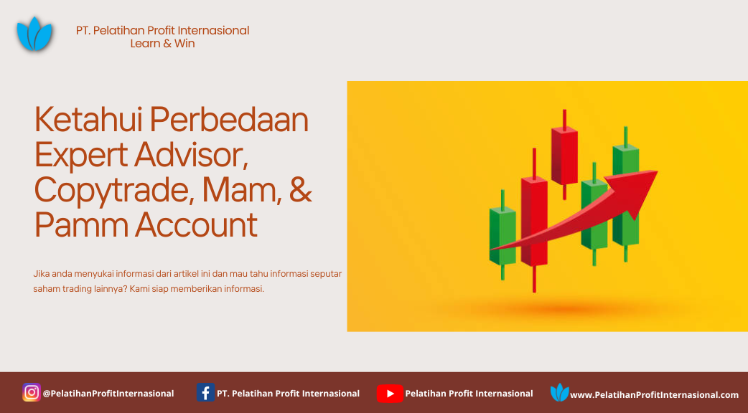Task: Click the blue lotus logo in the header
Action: coord(34,34)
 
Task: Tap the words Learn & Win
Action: coord(163,43)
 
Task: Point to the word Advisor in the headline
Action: coord(191,156)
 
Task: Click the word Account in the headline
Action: coord(197,225)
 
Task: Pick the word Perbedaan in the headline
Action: coord(230,119)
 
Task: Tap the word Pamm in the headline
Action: coord(82,225)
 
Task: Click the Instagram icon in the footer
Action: coord(32,392)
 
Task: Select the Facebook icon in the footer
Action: coord(205,392)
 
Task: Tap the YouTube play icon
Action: coord(390,394)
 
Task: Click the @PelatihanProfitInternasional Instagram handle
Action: coord(108,394)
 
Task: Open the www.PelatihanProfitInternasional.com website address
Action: coord(654,395)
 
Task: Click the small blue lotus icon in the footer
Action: coord(559,392)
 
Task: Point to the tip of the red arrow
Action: coord(658,171)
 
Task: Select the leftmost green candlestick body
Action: coord(502,236)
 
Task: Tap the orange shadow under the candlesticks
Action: coord(563,310)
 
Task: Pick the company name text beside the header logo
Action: coord(163,31)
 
